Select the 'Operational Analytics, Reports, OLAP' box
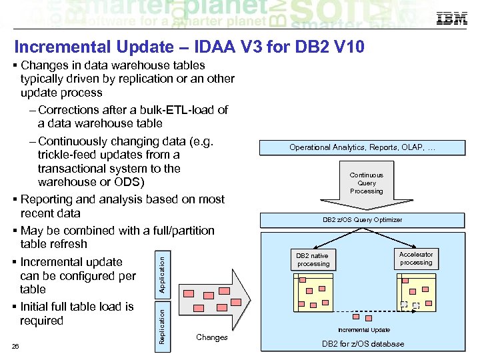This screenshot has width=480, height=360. click(x=362, y=147)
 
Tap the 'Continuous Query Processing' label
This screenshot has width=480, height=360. click(x=367, y=183)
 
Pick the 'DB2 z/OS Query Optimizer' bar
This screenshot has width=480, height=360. click(x=362, y=219)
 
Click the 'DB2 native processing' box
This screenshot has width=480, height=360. click(x=313, y=259)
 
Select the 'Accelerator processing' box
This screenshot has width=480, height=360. click(x=416, y=258)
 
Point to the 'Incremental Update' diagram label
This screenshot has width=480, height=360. click(x=364, y=330)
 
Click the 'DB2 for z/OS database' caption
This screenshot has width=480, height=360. click(x=363, y=344)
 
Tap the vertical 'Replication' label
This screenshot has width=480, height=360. click(x=161, y=323)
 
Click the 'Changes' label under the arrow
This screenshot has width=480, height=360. click(x=212, y=337)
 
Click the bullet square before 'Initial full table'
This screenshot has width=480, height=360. click(x=15, y=307)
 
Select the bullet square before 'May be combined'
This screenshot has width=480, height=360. click(x=15, y=231)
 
